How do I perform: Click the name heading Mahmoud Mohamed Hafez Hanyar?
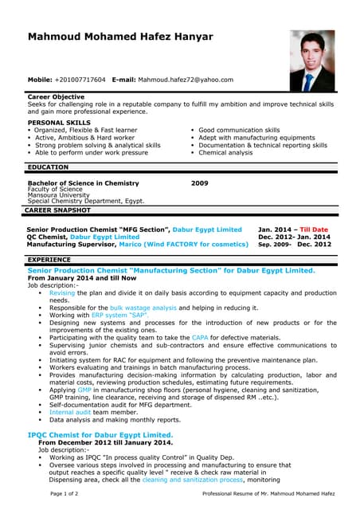tap(120, 37)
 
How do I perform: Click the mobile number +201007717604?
tap(80, 80)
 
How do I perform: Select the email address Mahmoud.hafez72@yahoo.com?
tap(186, 80)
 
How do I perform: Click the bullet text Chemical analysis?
tap(225, 153)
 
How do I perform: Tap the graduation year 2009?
tap(199, 182)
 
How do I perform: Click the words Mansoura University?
tap(58, 195)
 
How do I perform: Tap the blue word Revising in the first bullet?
tap(62, 292)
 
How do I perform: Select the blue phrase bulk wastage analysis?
tap(143, 307)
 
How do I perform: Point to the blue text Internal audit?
tap(72, 412)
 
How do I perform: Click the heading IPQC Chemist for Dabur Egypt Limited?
tap(100, 434)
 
